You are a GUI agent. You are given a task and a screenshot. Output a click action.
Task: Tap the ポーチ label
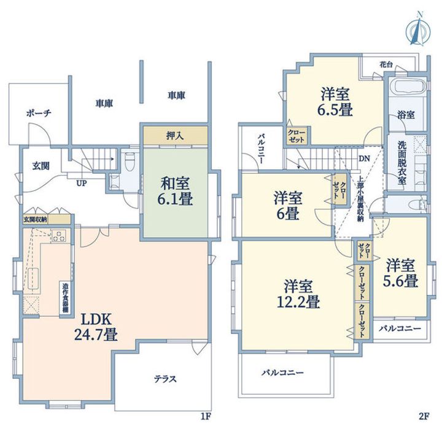[39, 114]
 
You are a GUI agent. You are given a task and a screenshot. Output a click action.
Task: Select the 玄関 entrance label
[41, 166]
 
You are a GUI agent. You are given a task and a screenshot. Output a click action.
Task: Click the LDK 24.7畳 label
[96, 327]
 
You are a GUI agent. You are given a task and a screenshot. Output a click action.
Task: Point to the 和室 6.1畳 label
[175, 191]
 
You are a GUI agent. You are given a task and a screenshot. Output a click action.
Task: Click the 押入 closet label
[175, 136]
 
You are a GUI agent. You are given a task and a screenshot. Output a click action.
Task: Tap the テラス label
[166, 379]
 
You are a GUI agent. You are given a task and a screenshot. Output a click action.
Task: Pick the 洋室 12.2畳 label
[298, 294]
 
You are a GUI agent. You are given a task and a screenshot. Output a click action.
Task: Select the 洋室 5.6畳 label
[400, 273]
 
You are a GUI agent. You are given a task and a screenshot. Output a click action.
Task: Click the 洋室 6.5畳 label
[335, 102]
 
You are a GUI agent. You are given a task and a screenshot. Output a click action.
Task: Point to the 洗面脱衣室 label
[402, 163]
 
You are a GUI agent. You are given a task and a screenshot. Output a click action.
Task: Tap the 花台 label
[386, 64]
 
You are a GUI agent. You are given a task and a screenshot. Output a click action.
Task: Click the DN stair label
[364, 158]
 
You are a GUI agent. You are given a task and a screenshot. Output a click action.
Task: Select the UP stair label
[82, 184]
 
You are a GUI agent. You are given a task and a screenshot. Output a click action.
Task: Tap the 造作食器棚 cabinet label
[65, 298]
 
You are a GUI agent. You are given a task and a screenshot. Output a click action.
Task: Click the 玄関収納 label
[35, 219]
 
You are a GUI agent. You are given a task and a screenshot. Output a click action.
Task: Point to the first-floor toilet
[130, 162]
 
